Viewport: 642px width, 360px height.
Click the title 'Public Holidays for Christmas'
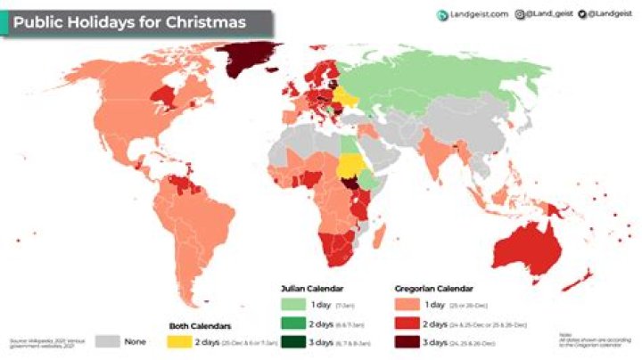[129, 22]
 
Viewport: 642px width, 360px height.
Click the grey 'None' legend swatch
[107, 340]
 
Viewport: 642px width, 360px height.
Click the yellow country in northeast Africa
[350, 166]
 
